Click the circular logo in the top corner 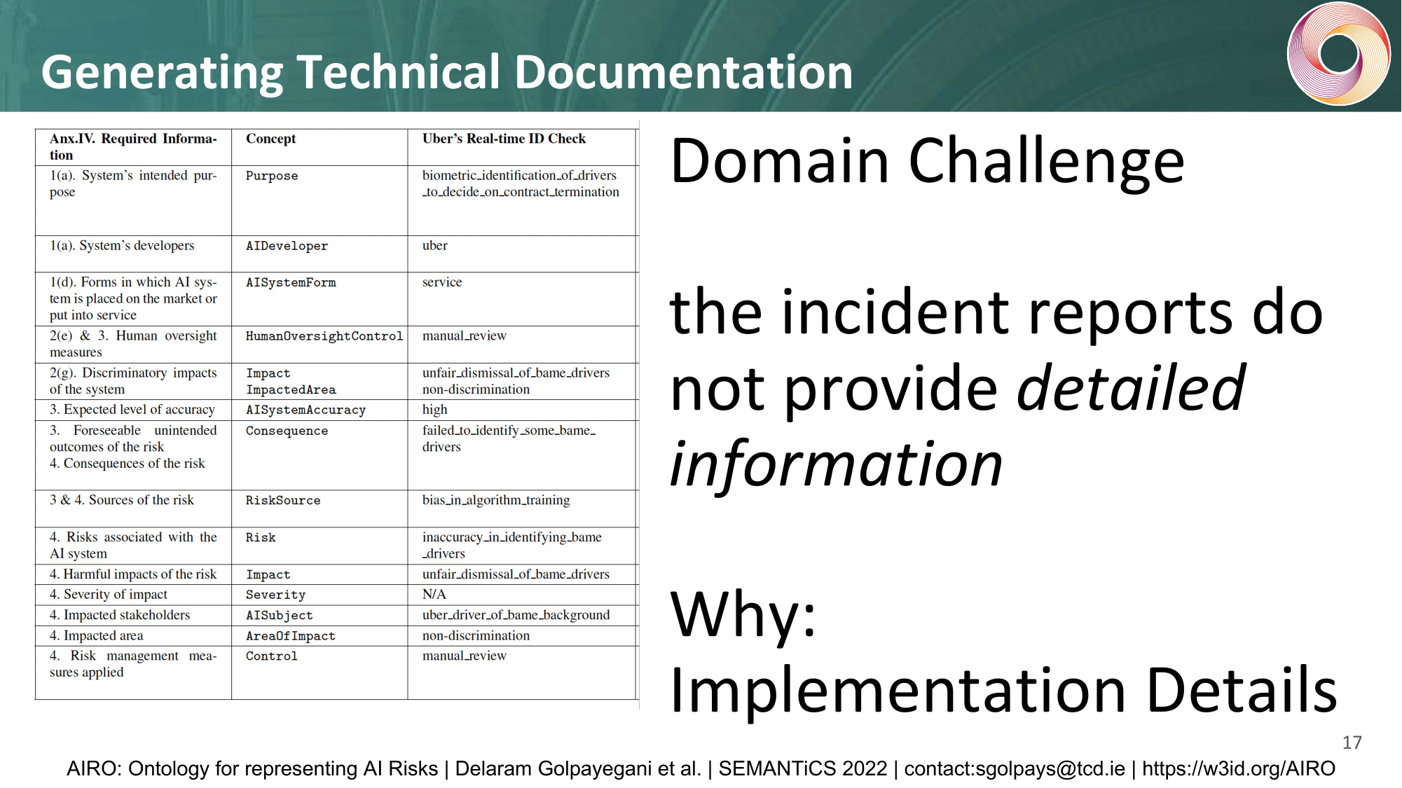point(1338,54)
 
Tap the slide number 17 point(1352,742)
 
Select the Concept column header point(270,139)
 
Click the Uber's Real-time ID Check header point(504,139)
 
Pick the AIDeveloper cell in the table point(287,246)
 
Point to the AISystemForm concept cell point(291,282)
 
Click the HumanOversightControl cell point(324,336)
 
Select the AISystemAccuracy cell point(305,410)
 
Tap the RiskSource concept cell point(283,500)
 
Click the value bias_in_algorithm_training point(496,500)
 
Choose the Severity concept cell point(275,595)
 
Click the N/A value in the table point(434,594)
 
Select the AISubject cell point(280,615)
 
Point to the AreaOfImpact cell point(291,636)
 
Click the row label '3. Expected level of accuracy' point(132,410)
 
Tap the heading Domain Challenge point(927,161)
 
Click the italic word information point(837,464)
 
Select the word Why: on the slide point(743,614)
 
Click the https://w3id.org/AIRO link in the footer point(1239,768)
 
